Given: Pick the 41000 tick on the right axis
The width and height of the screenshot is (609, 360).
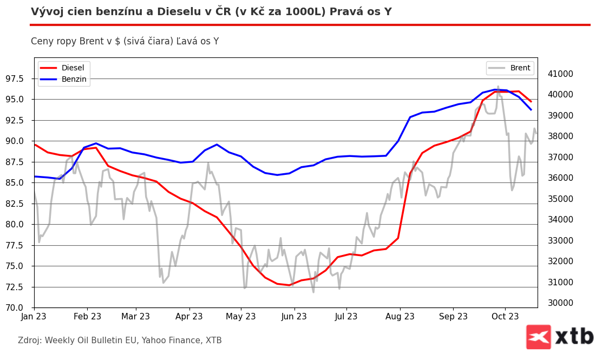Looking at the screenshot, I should (561, 74).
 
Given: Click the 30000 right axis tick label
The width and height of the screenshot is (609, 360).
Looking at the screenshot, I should (561, 303).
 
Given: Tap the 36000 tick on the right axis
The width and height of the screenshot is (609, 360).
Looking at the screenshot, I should (561, 178).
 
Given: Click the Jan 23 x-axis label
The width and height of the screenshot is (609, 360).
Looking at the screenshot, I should (34, 317).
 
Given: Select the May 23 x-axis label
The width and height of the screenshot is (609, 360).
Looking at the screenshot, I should (240, 317).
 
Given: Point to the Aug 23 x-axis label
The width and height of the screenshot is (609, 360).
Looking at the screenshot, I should (400, 317).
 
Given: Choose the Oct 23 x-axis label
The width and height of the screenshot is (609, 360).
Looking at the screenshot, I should (505, 317).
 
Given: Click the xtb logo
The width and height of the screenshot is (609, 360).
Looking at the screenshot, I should (560, 337).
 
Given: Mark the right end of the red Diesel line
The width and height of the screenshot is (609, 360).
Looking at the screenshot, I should (531, 102).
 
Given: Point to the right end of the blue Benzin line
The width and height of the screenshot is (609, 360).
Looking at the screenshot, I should (531, 110).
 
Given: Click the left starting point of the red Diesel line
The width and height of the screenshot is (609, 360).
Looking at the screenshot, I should (35, 145).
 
